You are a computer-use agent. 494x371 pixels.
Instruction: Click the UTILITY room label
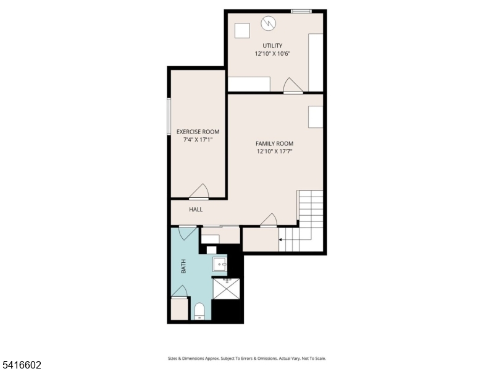(x=272, y=46)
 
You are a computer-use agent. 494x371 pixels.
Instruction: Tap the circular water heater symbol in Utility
(x=269, y=23)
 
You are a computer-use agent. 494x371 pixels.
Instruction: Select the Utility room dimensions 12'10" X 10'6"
(x=272, y=54)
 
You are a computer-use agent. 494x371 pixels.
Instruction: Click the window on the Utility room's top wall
(x=301, y=11)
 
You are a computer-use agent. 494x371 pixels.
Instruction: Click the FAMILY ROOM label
(x=274, y=143)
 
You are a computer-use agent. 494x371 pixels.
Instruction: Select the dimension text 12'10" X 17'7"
(x=274, y=151)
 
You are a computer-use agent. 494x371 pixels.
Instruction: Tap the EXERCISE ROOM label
(x=198, y=132)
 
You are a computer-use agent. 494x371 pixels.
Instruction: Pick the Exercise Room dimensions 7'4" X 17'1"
(x=198, y=140)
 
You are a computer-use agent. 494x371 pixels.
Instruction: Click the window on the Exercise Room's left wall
(x=169, y=116)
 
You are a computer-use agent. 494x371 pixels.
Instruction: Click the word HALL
(x=196, y=210)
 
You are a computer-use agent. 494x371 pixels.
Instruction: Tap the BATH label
(x=183, y=267)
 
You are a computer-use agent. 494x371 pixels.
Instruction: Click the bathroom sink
(x=220, y=265)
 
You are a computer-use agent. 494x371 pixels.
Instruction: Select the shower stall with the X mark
(x=227, y=289)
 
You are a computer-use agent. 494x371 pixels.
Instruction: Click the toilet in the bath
(x=199, y=311)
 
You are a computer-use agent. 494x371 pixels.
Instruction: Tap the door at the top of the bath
(x=187, y=233)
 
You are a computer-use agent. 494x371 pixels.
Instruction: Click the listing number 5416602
(x=21, y=365)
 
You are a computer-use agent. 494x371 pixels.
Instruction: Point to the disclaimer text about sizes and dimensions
(x=247, y=359)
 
